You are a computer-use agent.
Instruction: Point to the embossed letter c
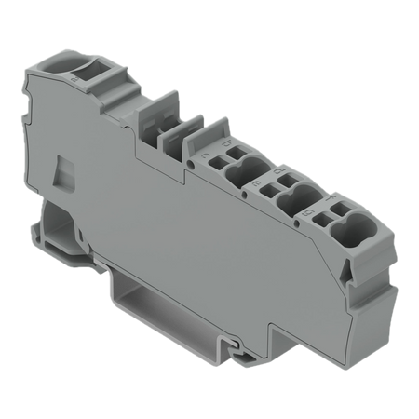click(207, 155)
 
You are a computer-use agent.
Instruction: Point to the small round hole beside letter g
click(297, 223)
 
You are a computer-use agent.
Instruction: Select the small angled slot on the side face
click(63, 173)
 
